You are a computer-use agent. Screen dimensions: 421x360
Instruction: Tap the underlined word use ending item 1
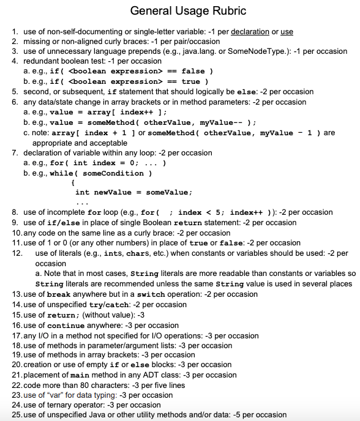[x=287, y=31]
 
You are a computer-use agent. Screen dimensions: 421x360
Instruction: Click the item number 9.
[x=15, y=222]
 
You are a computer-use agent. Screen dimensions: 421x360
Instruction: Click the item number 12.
[x=17, y=253]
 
